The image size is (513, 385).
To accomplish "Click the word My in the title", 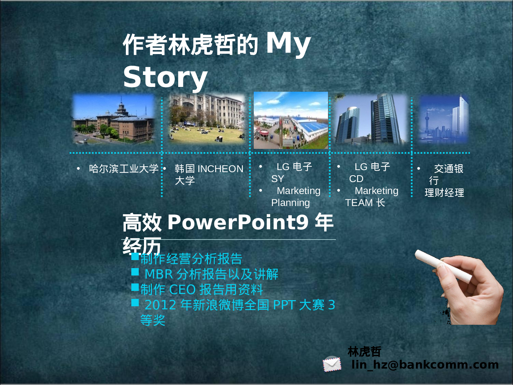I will [288, 44].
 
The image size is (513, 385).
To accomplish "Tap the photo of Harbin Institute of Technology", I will [114, 119].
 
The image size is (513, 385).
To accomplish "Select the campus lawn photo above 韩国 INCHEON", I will [207, 118].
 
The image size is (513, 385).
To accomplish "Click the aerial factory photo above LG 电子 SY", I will [291, 120].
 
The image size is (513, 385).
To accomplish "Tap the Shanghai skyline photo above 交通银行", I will [444, 119].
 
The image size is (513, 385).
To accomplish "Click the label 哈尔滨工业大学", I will [123, 169].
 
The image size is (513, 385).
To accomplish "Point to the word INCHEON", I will [220, 169].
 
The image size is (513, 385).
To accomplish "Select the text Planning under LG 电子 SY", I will [290, 203].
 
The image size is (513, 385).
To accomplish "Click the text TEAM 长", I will [365, 203].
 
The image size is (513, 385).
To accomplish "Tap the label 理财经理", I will [444, 193].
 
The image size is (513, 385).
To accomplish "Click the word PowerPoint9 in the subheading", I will [238, 222].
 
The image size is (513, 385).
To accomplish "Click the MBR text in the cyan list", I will [159, 274].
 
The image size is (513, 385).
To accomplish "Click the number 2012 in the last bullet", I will [160, 305].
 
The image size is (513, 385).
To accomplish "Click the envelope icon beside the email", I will [332, 364].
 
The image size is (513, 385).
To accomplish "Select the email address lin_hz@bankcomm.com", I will [425, 365].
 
